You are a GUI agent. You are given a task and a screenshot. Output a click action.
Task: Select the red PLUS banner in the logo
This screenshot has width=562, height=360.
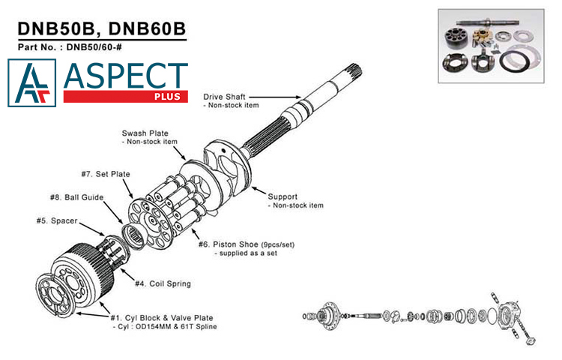tap(125, 97)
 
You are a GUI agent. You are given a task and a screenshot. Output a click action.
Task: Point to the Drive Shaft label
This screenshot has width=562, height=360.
tap(224, 97)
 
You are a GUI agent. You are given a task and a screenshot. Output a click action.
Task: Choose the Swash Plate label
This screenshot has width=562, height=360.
tap(145, 133)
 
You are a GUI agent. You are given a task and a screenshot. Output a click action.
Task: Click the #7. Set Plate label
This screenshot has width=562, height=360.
tap(104, 174)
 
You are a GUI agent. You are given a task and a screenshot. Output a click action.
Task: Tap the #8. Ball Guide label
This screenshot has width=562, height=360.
tap(76, 197)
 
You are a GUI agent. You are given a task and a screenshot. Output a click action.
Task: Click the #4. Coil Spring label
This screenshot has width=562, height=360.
tap(163, 283)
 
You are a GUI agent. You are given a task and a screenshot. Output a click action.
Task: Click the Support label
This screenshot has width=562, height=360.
tap(283, 196)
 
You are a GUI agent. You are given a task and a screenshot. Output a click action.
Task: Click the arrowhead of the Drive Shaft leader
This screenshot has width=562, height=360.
tap(300, 97)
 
